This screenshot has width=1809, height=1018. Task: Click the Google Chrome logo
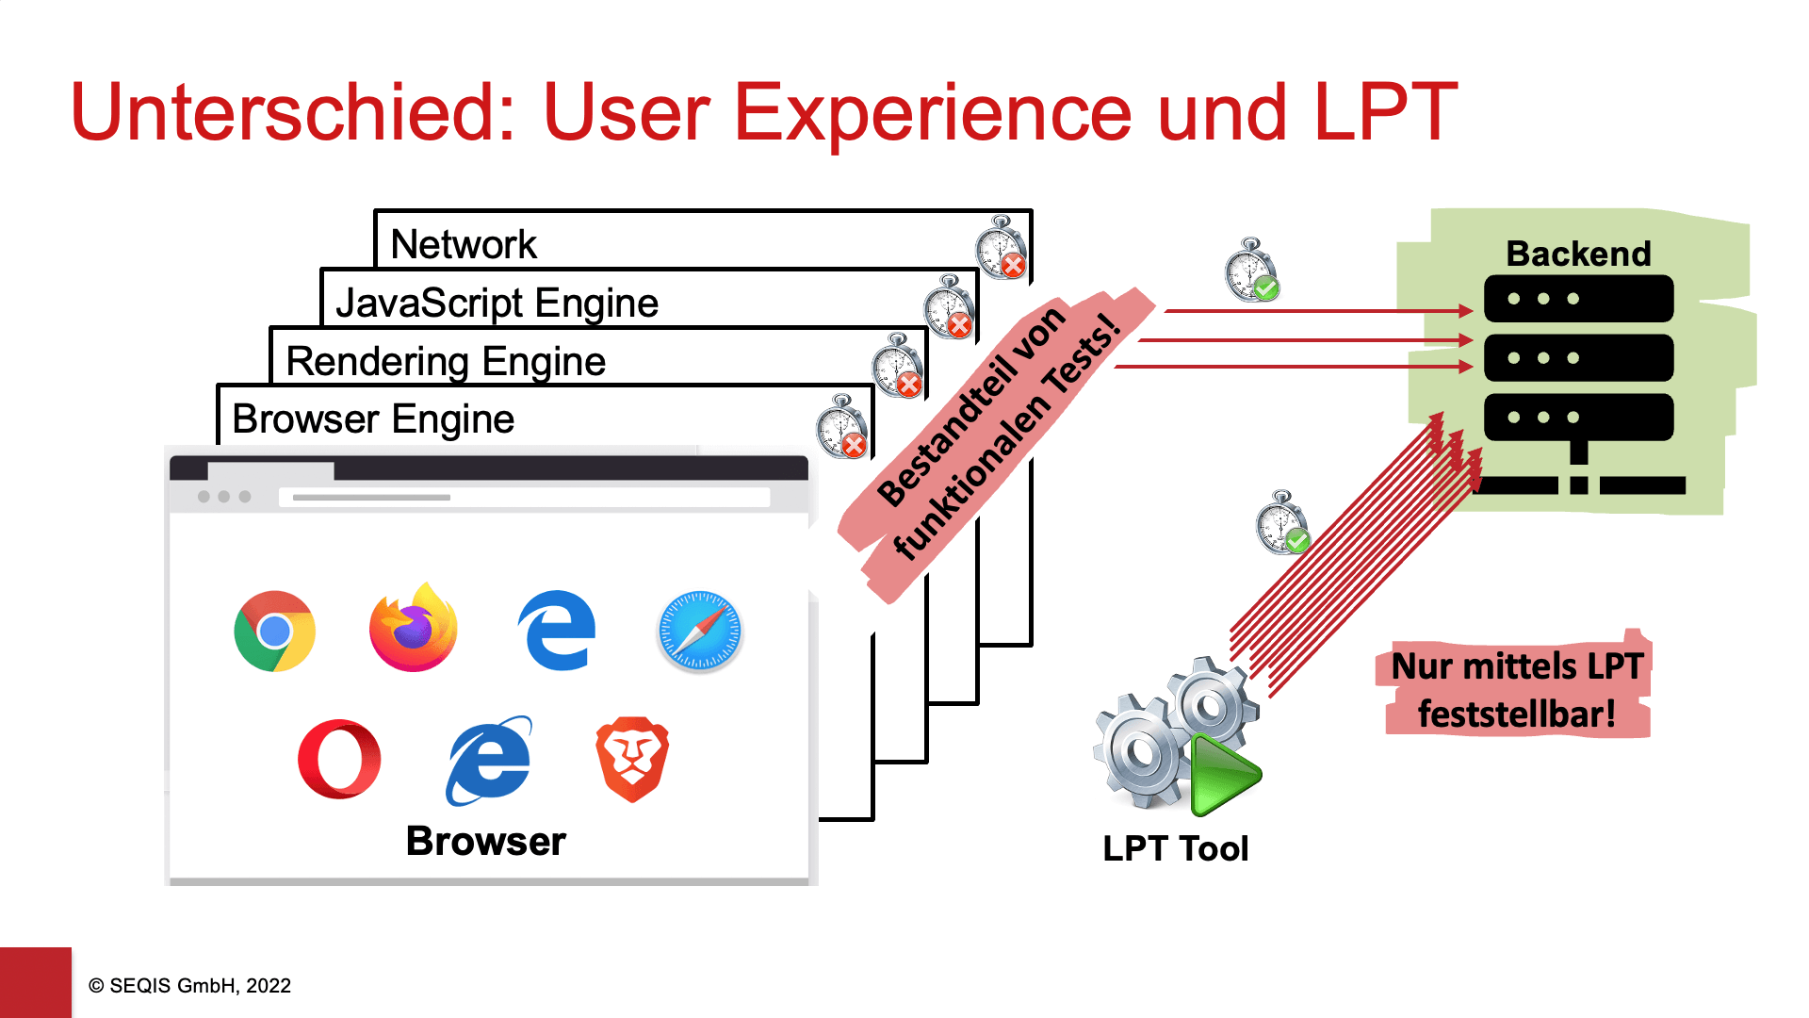tap(274, 631)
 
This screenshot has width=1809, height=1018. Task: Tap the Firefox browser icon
tap(413, 629)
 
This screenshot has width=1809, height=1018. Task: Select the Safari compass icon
tap(700, 631)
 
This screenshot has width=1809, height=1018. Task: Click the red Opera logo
tap(339, 759)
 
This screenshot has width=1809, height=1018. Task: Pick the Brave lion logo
tap(632, 759)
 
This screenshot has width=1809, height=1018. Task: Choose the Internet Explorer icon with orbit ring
tap(489, 761)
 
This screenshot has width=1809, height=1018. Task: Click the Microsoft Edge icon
tap(557, 631)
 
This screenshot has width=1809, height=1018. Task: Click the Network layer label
tap(464, 244)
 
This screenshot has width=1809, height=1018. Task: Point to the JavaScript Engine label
tap(497, 303)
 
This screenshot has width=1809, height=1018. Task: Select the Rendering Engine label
tap(445, 361)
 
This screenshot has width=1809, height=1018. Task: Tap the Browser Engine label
tap(373, 419)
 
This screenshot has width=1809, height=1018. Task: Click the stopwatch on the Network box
tap(1001, 248)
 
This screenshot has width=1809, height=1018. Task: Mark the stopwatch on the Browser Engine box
tap(841, 428)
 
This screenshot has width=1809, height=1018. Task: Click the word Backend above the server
tap(1578, 254)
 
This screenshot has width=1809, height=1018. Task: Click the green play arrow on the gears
tap(1223, 775)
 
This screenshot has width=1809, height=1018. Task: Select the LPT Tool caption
tap(1175, 848)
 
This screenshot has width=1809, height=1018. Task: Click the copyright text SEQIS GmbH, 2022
tap(189, 985)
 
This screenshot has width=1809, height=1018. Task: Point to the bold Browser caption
tap(485, 841)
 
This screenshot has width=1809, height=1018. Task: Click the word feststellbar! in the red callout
tap(1517, 714)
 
